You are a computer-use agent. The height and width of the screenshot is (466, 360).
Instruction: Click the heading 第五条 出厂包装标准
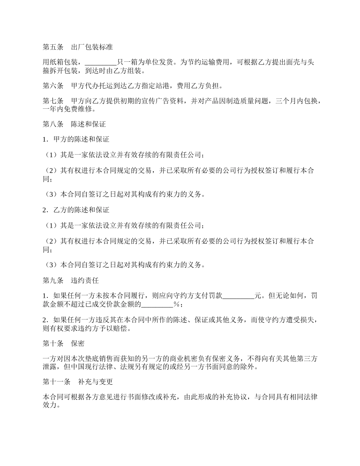pyautogui.click(x=77, y=47)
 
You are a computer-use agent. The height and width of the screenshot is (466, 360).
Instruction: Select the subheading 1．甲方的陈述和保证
pyautogui.click(x=76, y=139)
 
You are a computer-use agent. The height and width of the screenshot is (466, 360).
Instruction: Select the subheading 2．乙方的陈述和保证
pyautogui.click(x=76, y=210)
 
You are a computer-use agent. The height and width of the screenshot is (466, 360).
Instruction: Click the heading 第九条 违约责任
pyautogui.click(x=70, y=281)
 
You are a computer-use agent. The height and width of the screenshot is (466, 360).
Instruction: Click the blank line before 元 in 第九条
pyautogui.click(x=238, y=296)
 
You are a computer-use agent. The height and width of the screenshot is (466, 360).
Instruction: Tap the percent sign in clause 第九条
pyautogui.click(x=176, y=304)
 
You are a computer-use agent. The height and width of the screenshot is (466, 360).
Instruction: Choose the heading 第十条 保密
pyautogui.click(x=63, y=344)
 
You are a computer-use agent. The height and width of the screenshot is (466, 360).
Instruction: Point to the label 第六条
pyautogui.click(x=53, y=86)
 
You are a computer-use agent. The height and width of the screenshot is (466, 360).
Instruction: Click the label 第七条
pyautogui.click(x=53, y=101)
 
